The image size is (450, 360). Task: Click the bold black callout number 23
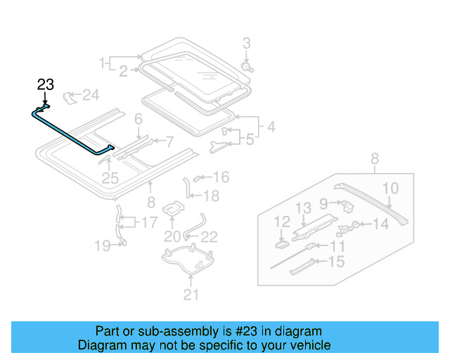click(x=45, y=85)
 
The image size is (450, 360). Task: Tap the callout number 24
click(x=91, y=94)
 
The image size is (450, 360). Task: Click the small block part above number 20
click(x=173, y=208)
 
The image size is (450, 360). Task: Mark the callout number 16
click(x=221, y=177)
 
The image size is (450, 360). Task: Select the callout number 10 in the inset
click(x=390, y=188)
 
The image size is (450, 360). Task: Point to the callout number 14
click(x=380, y=224)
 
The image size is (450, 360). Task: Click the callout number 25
click(x=110, y=179)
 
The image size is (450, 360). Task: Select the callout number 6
click(x=139, y=119)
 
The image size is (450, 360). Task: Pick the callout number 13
click(x=302, y=207)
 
